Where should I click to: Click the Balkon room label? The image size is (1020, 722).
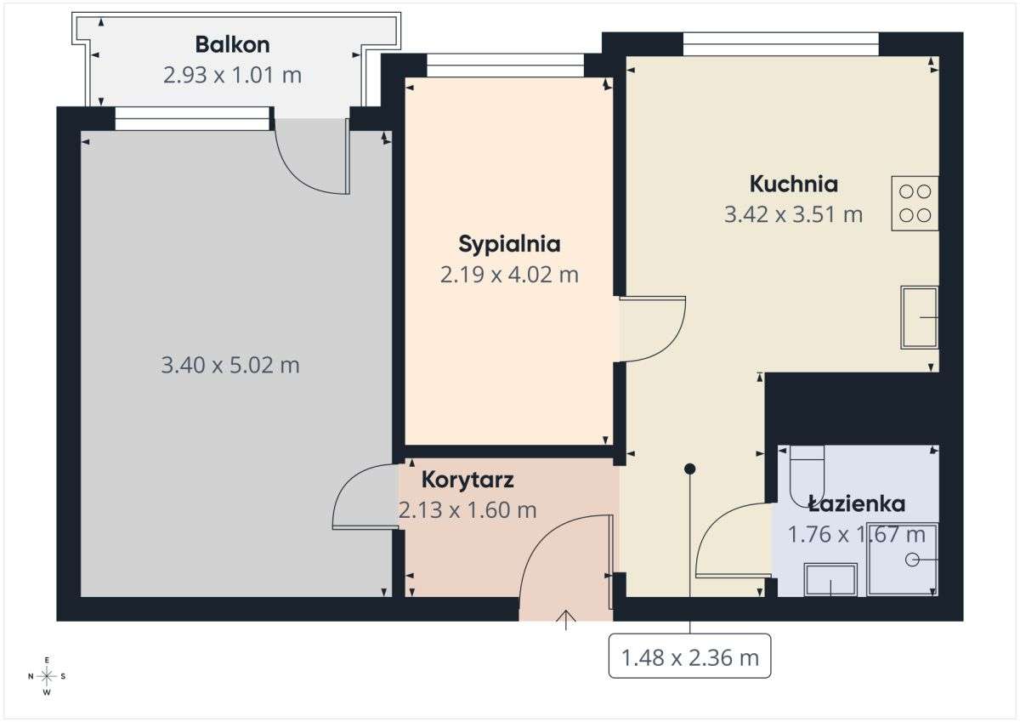232,44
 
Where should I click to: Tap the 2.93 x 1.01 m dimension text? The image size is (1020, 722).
232,75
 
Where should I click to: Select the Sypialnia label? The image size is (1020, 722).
509,245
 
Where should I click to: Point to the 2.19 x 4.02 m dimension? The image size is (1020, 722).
509,275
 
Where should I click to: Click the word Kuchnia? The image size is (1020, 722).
794,184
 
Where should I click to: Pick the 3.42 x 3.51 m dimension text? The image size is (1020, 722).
794,214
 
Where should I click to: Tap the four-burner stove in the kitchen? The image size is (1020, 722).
915,203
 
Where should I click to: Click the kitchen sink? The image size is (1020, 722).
920,317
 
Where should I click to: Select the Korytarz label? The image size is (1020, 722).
467,480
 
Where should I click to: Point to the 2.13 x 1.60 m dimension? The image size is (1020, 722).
467,510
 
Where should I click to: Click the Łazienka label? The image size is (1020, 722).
857,503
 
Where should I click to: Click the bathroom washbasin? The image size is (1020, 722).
831,579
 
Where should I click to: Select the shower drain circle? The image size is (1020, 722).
912,560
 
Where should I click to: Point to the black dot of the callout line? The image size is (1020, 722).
690,469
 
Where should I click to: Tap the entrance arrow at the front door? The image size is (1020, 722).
566,620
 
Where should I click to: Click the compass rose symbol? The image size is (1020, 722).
47,676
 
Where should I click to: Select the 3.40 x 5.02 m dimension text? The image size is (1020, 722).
230,366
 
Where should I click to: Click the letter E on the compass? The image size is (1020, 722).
47,660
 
